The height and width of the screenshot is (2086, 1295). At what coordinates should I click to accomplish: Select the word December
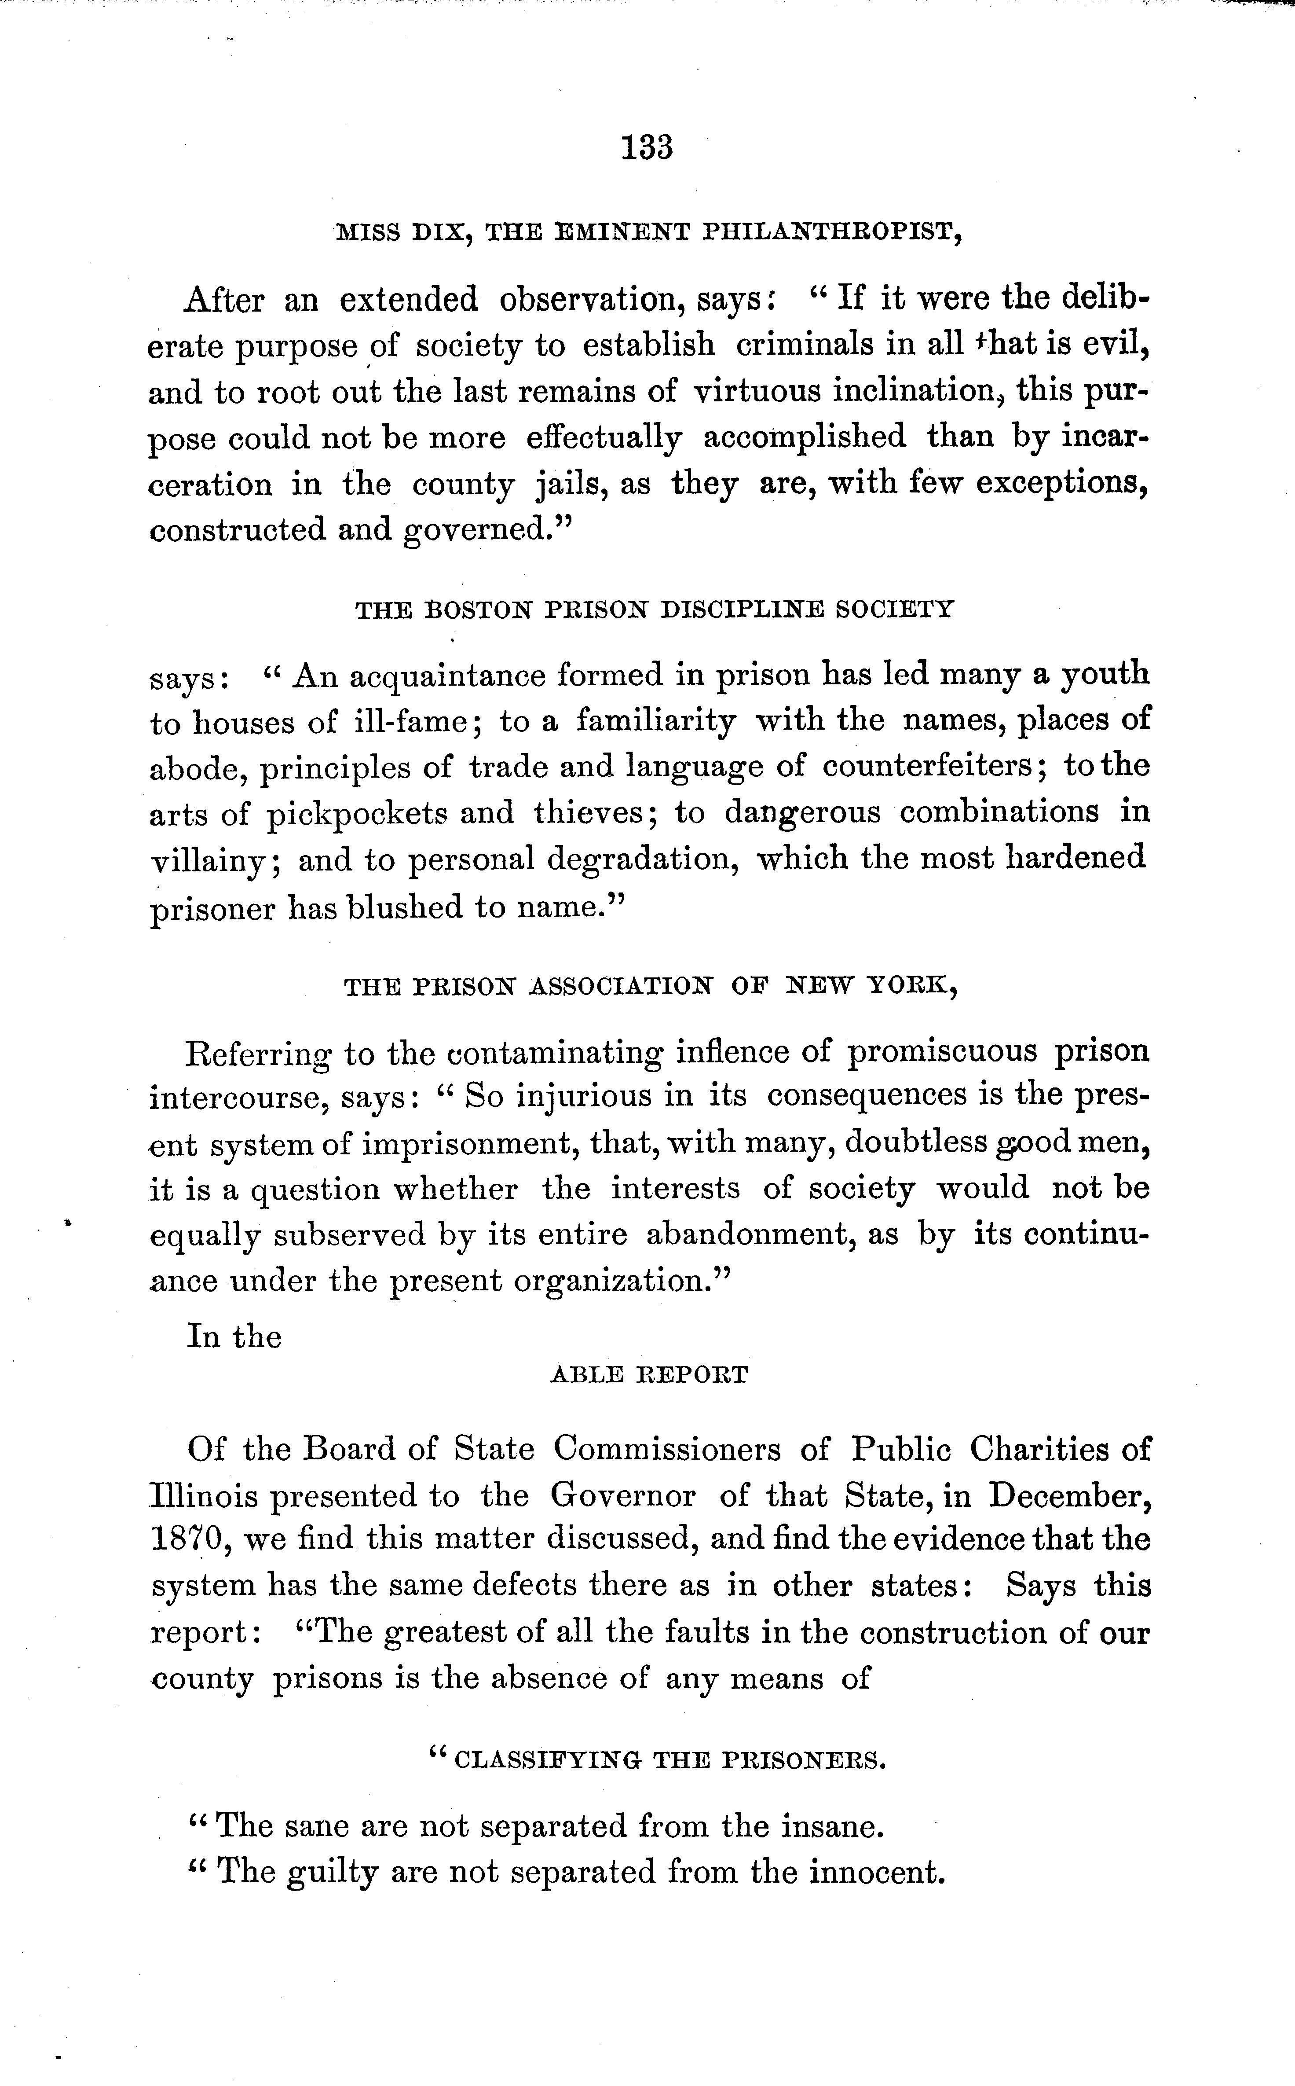[x=1069, y=1496]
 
